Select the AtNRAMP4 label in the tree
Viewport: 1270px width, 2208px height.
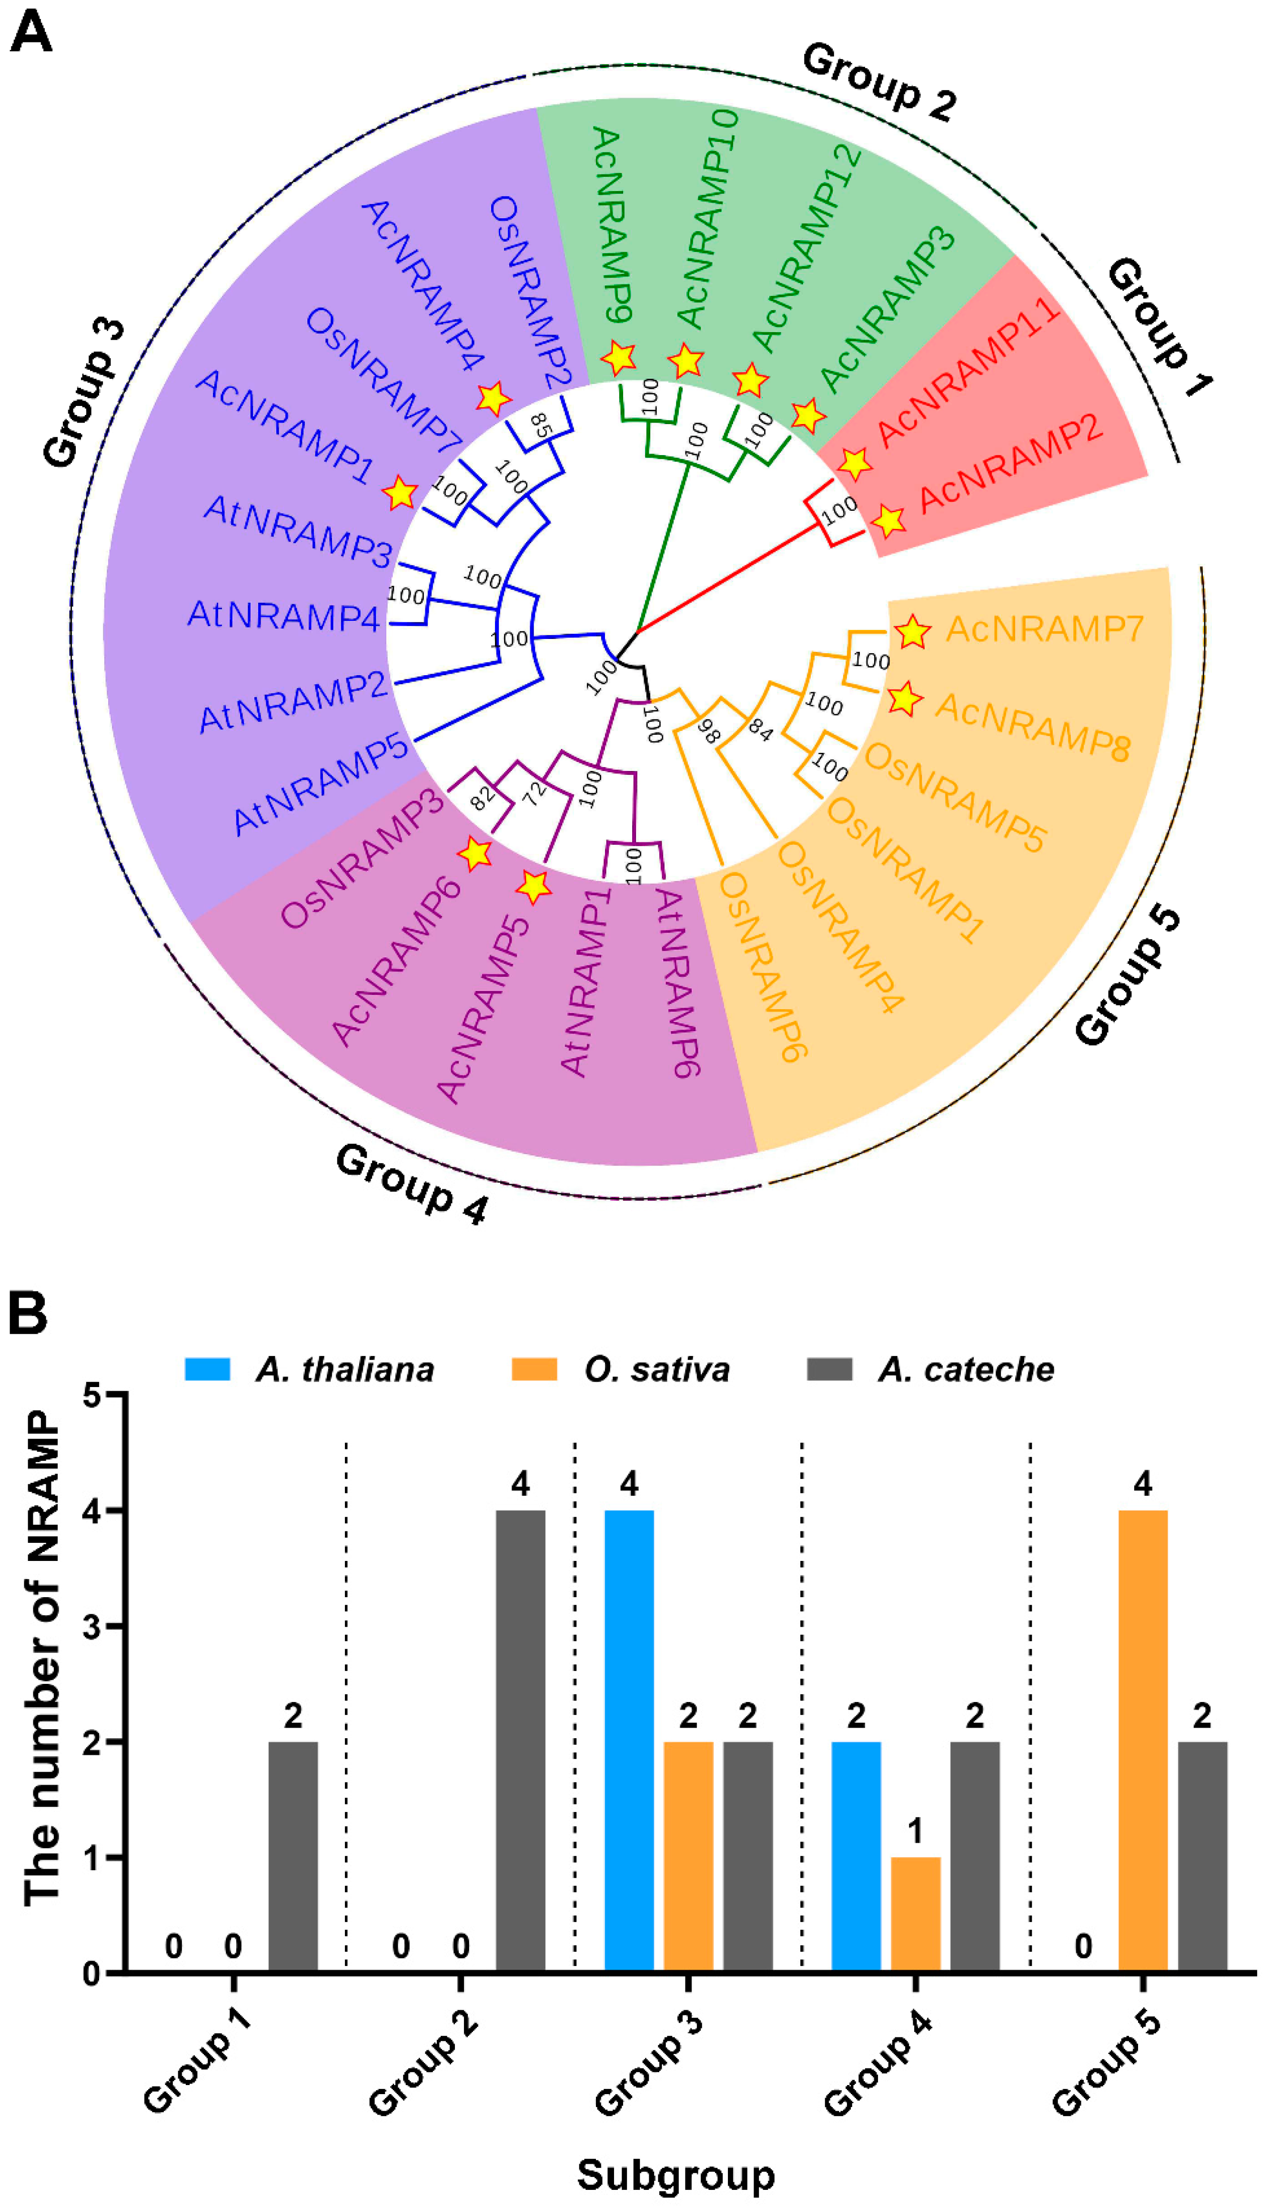click(283, 616)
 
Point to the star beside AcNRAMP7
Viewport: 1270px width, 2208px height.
click(912, 632)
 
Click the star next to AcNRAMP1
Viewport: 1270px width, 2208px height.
click(400, 493)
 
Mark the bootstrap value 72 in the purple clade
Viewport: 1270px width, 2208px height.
click(534, 792)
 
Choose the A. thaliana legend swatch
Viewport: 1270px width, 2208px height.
click(208, 1369)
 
